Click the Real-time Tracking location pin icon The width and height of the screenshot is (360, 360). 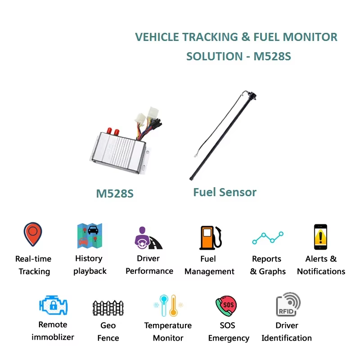33,234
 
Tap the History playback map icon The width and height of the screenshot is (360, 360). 90,235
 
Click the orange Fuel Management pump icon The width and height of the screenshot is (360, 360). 210,237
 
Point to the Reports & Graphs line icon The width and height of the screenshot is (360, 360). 268,238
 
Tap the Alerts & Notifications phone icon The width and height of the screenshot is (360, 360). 320,237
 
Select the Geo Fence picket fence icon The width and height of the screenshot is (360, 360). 108,308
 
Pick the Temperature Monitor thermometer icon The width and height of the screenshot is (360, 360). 168,306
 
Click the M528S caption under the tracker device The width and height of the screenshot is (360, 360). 115,194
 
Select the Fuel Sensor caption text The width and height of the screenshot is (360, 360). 225,192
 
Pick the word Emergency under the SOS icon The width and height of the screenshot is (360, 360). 229,338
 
